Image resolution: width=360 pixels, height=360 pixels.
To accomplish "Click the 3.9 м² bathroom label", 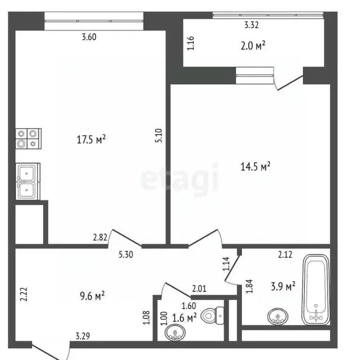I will [284, 286].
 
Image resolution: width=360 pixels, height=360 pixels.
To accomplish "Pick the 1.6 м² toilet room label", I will [184, 318].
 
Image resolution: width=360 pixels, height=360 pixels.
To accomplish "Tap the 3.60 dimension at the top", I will [89, 37].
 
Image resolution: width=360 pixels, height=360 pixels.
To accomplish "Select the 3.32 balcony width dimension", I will [252, 25].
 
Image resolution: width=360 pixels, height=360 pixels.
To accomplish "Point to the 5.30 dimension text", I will [126, 255].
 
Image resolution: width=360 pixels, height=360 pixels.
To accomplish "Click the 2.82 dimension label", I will [100, 238].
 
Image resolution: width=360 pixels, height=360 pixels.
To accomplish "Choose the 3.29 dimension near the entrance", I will [84, 336].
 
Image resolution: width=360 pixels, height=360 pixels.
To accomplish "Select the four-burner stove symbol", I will [29, 139].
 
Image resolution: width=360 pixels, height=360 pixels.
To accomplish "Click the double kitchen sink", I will [28, 181].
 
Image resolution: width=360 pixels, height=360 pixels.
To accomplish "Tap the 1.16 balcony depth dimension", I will [190, 43].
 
